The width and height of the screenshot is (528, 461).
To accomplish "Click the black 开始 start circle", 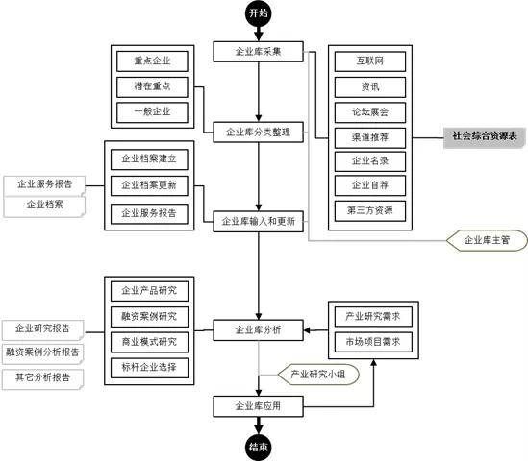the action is [259, 13].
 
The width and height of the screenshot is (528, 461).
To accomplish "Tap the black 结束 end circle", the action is [259, 447].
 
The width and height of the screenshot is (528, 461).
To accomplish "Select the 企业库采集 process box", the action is [259, 52].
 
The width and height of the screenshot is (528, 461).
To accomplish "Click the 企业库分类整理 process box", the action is [259, 133].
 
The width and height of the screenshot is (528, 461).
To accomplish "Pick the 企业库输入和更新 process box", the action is [259, 221].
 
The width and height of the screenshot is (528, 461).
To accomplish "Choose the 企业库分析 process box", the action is [259, 329].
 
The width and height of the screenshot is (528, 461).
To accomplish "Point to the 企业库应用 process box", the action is [259, 406].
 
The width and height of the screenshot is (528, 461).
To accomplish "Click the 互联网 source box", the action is [370, 61].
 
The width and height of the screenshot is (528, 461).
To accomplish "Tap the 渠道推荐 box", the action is [370, 137].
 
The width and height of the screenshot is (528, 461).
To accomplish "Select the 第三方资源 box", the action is [370, 211].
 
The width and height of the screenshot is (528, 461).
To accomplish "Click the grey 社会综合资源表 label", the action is [484, 137].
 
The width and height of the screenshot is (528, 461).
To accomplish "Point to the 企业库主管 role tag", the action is [487, 240].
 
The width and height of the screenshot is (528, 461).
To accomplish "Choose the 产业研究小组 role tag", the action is [318, 374].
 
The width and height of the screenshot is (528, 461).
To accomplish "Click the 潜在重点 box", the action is [152, 86].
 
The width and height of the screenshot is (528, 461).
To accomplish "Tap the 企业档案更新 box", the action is [149, 185].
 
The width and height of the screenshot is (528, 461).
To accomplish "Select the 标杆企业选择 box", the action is [149, 368].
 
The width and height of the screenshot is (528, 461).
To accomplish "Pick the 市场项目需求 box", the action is [373, 342].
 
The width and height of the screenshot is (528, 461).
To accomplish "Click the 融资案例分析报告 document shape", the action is [42, 353].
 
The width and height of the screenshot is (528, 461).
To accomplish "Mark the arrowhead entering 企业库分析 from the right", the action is [307, 330].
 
